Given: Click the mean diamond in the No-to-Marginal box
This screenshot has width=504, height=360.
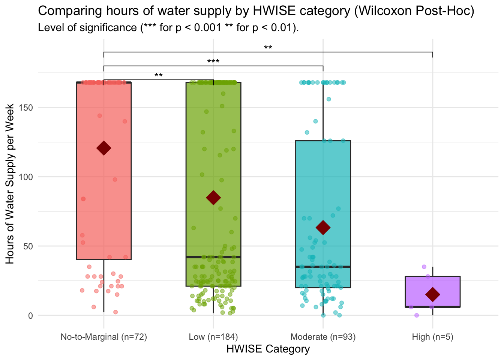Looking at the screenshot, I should pyautogui.click(x=104, y=148).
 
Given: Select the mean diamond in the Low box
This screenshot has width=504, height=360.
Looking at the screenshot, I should pyautogui.click(x=213, y=198).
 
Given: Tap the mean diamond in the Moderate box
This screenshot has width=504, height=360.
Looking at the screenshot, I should pyautogui.click(x=323, y=227).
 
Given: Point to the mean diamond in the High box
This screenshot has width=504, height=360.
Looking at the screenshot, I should pyautogui.click(x=433, y=294).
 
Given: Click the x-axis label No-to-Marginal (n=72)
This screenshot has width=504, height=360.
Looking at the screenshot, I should pyautogui.click(x=104, y=337).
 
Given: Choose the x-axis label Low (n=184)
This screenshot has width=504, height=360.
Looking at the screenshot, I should pyautogui.click(x=213, y=337).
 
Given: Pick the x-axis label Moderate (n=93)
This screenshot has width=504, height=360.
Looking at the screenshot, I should pyautogui.click(x=323, y=337).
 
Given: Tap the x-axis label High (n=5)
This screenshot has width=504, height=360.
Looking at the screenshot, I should pyautogui.click(x=433, y=337).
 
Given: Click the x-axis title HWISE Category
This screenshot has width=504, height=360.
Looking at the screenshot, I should pyautogui.click(x=268, y=349).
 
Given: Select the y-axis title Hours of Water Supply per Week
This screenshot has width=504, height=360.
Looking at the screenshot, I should pyautogui.click(x=10, y=184).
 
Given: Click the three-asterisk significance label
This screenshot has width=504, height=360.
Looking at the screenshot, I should pyautogui.click(x=213, y=61).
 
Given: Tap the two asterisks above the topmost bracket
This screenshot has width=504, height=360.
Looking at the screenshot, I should pyautogui.click(x=268, y=48).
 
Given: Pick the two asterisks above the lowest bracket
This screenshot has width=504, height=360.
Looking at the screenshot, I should pyautogui.click(x=159, y=75).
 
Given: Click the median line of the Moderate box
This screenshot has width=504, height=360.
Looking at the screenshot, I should pyautogui.click(x=323, y=267).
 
